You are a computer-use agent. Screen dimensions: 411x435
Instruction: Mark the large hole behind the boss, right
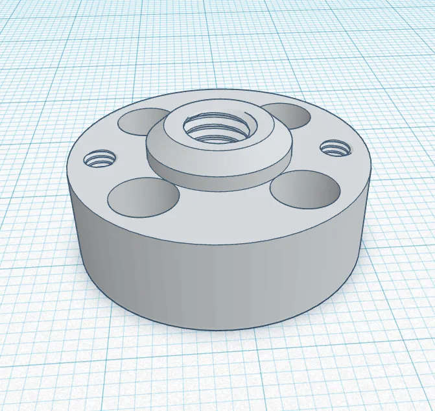(285, 114)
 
